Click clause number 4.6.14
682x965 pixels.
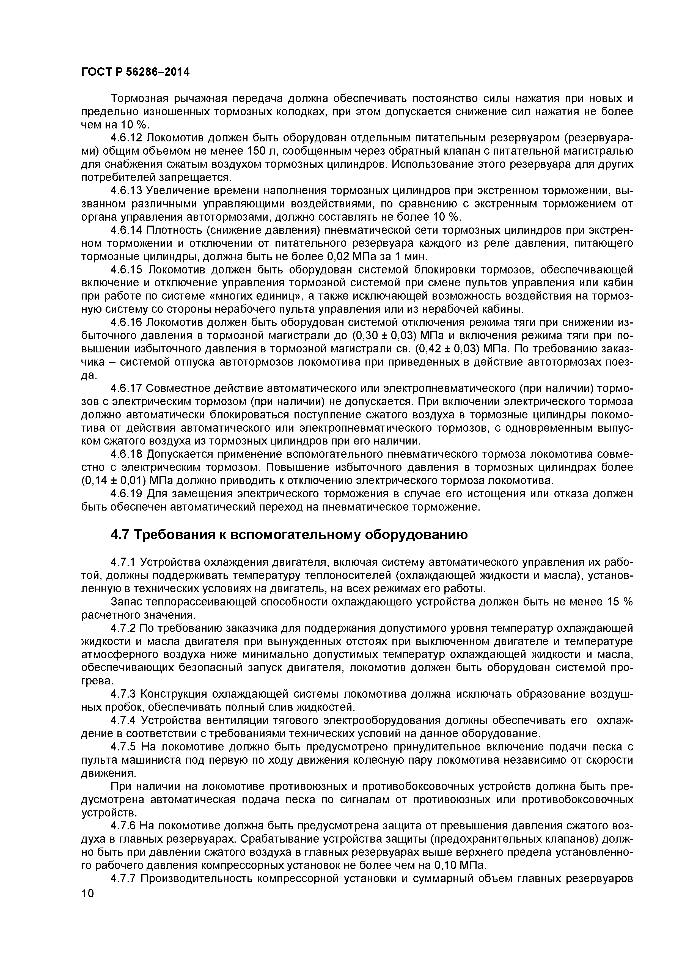coord(127,230)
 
